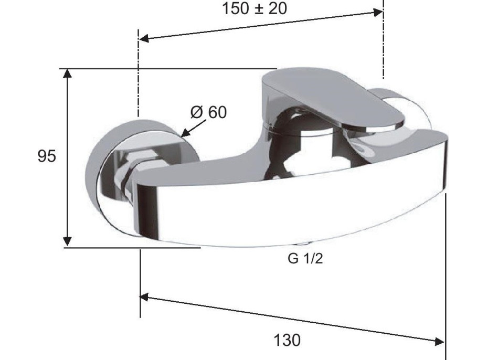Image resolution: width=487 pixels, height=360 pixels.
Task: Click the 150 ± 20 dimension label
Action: pos(255,8)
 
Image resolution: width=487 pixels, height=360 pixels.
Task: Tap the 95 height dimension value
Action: pos(47,156)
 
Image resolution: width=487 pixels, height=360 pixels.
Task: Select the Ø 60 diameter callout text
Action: pos(209,112)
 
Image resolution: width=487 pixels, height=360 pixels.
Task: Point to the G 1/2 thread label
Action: pos(305,258)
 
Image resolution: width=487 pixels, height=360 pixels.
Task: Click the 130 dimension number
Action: pos(287,340)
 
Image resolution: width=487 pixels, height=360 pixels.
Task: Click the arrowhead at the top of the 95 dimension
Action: pos(67,73)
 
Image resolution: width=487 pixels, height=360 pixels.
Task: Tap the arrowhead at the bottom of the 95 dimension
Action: pos(67,241)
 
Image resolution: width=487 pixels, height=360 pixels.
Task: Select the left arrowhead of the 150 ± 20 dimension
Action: pos(144,38)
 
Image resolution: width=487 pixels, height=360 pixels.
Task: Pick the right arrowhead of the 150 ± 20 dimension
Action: pos(378,13)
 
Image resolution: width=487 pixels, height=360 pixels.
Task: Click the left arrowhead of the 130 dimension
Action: pos(145,297)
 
